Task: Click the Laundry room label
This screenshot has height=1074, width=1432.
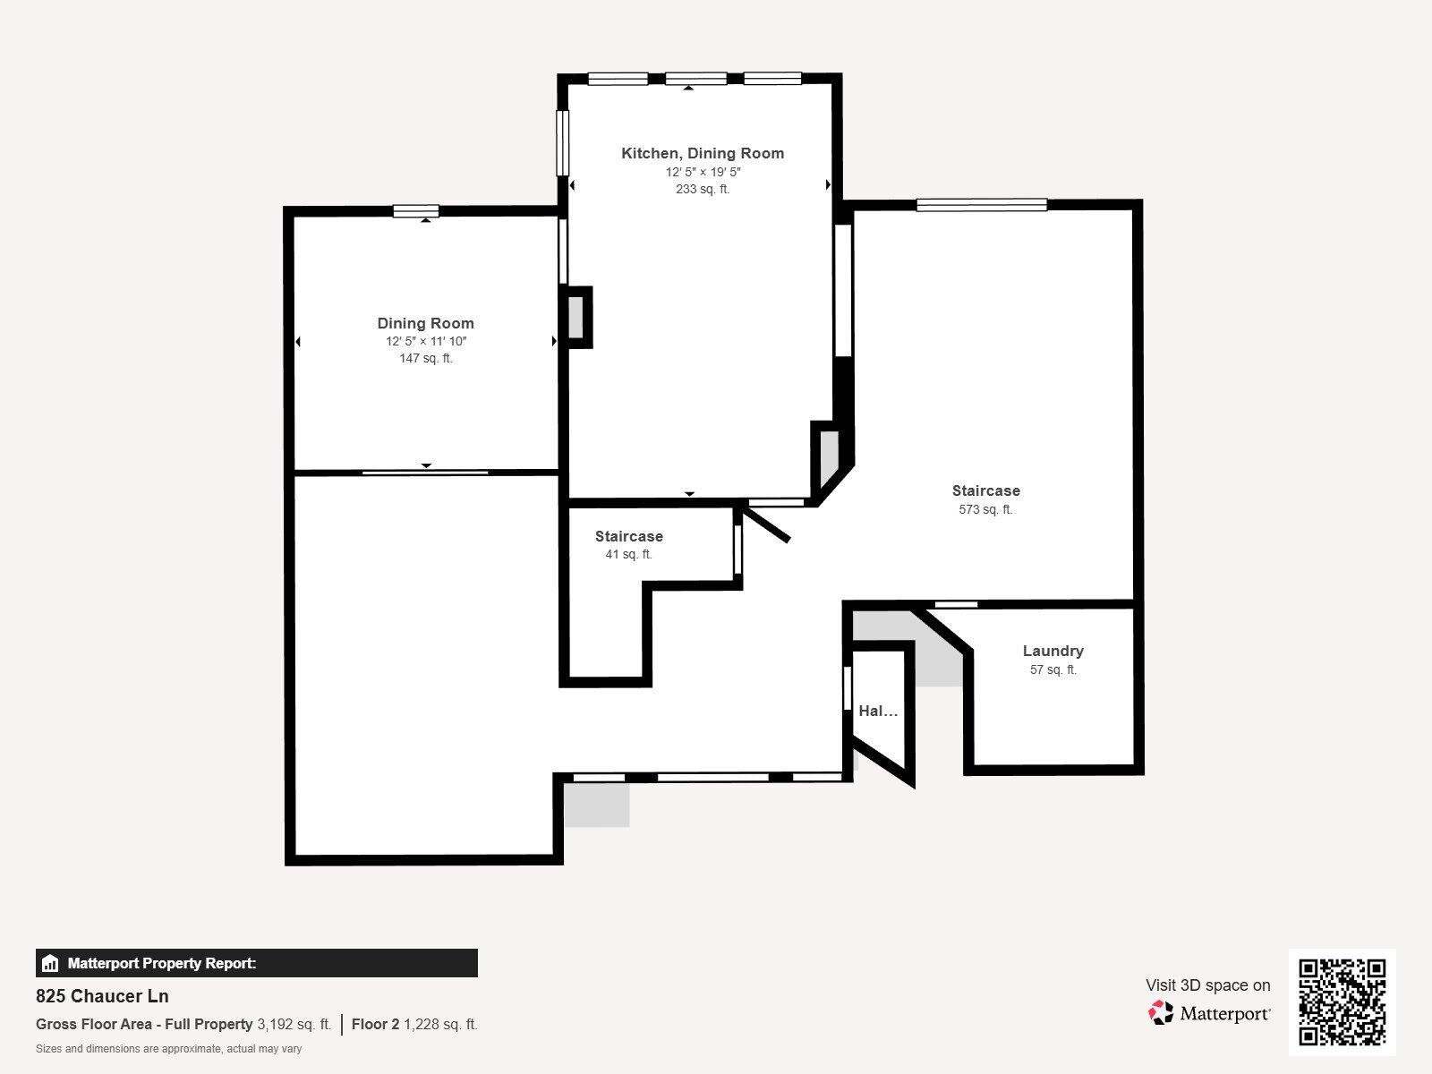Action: pos(1053,651)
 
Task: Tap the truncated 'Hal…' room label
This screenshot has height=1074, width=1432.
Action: pos(877,712)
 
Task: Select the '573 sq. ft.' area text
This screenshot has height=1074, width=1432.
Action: pos(985,509)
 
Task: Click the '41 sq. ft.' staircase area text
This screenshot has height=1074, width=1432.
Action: pos(628,554)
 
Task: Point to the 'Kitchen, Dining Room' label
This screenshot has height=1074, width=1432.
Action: pos(703,153)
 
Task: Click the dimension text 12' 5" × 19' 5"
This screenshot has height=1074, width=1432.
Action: pos(703,172)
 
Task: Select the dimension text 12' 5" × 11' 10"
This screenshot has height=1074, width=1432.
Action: pos(426,341)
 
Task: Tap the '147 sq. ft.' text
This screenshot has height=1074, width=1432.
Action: pos(426,358)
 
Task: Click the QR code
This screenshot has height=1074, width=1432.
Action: pos(1342,1002)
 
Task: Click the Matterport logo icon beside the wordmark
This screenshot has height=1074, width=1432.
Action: pos(1161,1013)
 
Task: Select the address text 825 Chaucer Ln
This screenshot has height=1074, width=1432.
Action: pos(102,996)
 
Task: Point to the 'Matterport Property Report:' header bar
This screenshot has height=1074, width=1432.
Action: pos(256,963)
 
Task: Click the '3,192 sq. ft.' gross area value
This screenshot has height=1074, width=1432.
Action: pos(294,1024)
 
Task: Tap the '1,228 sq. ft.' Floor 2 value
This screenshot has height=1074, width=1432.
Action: pos(440,1024)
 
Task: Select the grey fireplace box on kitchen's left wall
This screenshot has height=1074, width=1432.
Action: pos(576,317)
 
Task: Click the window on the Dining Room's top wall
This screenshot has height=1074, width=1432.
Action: pos(416,211)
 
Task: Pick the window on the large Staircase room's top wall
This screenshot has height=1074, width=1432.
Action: pos(982,205)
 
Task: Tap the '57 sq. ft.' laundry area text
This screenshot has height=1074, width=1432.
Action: pos(1053,669)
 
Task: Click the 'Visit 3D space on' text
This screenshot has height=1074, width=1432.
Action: pos(1207,985)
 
